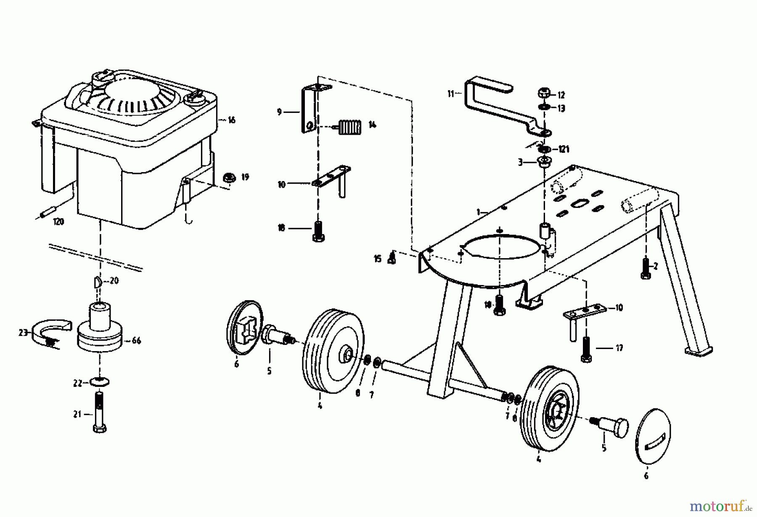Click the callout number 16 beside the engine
pos(231,120)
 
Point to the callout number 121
pos(564,149)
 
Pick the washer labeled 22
pos(100,382)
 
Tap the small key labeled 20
pos(97,281)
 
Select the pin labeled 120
pos(48,212)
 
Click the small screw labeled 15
pos(392,258)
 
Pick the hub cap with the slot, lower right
pos(653,436)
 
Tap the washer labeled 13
pos(544,108)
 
